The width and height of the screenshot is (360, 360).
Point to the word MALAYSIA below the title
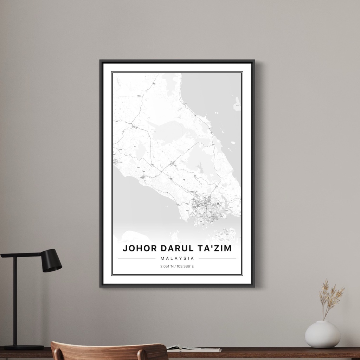(177, 258)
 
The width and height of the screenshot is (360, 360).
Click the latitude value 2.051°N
(167, 266)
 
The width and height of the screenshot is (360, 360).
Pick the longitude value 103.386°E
(185, 266)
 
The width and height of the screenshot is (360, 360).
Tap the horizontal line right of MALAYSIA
(218, 258)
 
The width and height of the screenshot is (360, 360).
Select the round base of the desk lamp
(24, 347)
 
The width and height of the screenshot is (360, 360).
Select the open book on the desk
(193, 349)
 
